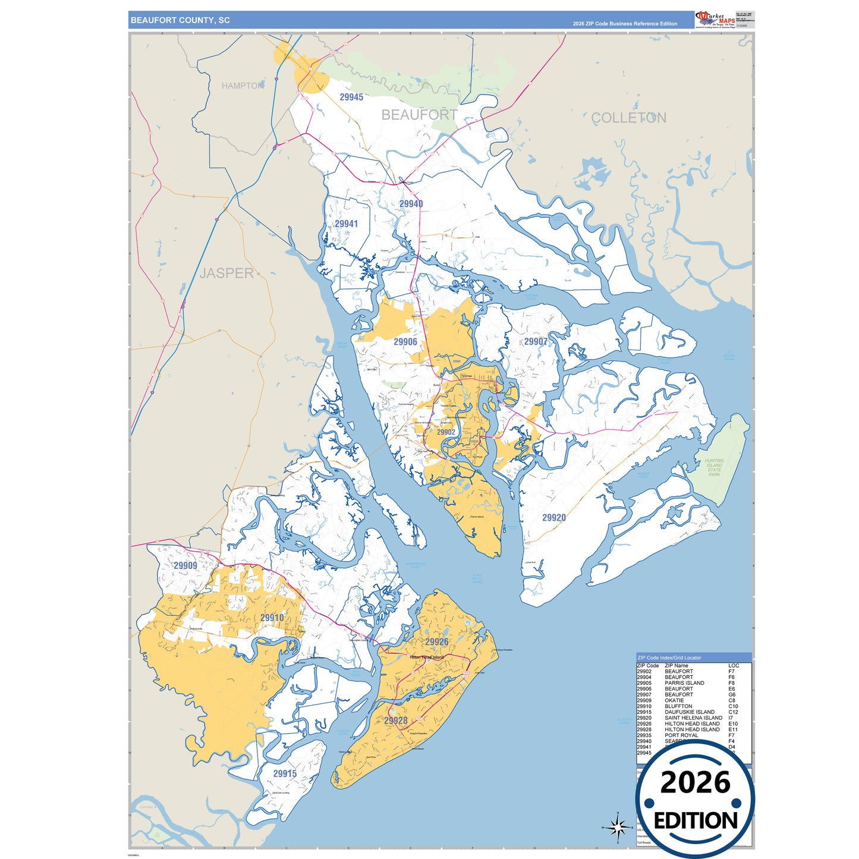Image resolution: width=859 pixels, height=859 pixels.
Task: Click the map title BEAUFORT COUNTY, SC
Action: [x=180, y=20]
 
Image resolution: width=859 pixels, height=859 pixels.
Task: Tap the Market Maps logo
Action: [x=716, y=19]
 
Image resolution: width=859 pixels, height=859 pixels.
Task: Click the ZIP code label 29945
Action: [x=351, y=97]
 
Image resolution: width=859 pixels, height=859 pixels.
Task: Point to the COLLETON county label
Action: [x=628, y=118]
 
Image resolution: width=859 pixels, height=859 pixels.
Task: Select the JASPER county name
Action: [x=226, y=273]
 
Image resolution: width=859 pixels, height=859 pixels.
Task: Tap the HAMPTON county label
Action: [x=242, y=86]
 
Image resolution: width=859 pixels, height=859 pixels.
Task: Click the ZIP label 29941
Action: [x=346, y=224]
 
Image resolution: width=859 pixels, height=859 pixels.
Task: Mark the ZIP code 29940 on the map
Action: [x=411, y=204]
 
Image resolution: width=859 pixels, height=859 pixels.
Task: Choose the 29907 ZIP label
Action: [x=536, y=341]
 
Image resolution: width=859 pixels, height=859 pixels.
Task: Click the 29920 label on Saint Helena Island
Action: [x=553, y=517]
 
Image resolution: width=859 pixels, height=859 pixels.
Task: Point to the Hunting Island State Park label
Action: [x=714, y=467]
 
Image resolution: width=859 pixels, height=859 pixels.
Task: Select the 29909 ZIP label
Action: [x=185, y=565]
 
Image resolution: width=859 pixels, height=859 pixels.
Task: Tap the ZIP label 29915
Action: [x=285, y=773]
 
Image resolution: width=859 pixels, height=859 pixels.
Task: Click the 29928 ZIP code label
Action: [x=395, y=720]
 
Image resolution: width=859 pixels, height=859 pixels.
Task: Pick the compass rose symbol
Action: [x=618, y=826]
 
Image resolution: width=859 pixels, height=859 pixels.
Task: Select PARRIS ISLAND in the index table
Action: [x=684, y=683]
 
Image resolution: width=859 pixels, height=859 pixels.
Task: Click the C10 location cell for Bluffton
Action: [x=733, y=706]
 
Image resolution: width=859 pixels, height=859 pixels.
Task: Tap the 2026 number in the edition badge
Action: [x=695, y=782]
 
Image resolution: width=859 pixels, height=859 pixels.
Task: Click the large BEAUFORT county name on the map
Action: [x=419, y=115]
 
